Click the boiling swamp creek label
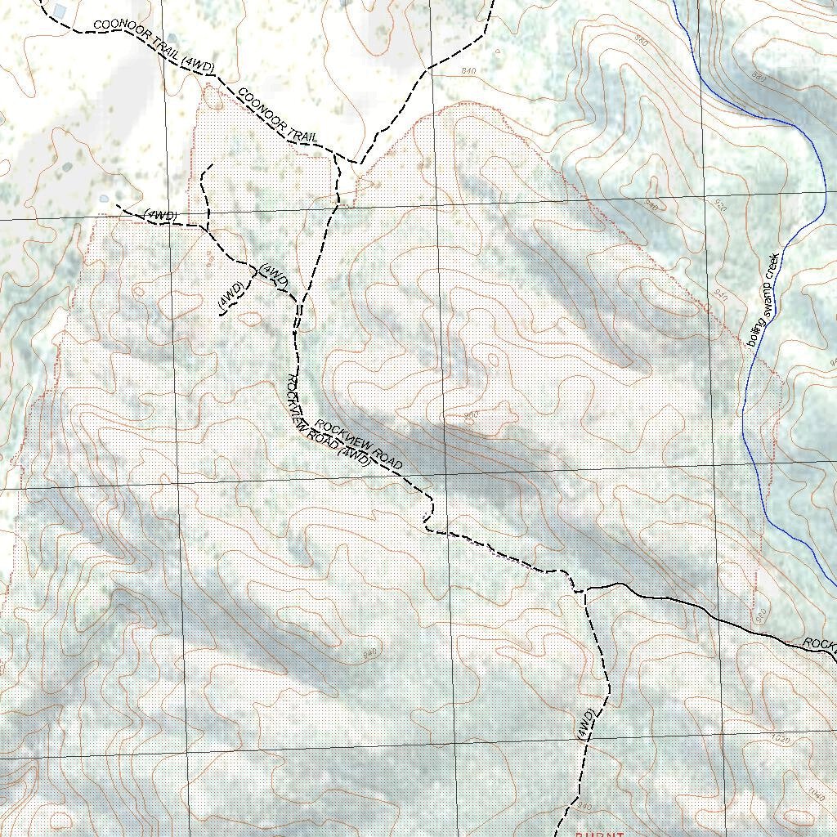[x=765, y=299]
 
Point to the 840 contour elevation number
[x=468, y=72]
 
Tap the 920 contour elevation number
[x=720, y=208]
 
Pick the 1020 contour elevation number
[x=781, y=740]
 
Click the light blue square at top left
[x=60, y=11]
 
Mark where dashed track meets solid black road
[x=580, y=589]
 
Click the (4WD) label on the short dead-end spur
[x=231, y=296]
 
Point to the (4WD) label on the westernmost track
[x=160, y=215]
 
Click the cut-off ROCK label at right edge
[x=818, y=644]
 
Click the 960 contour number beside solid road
[x=759, y=614]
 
